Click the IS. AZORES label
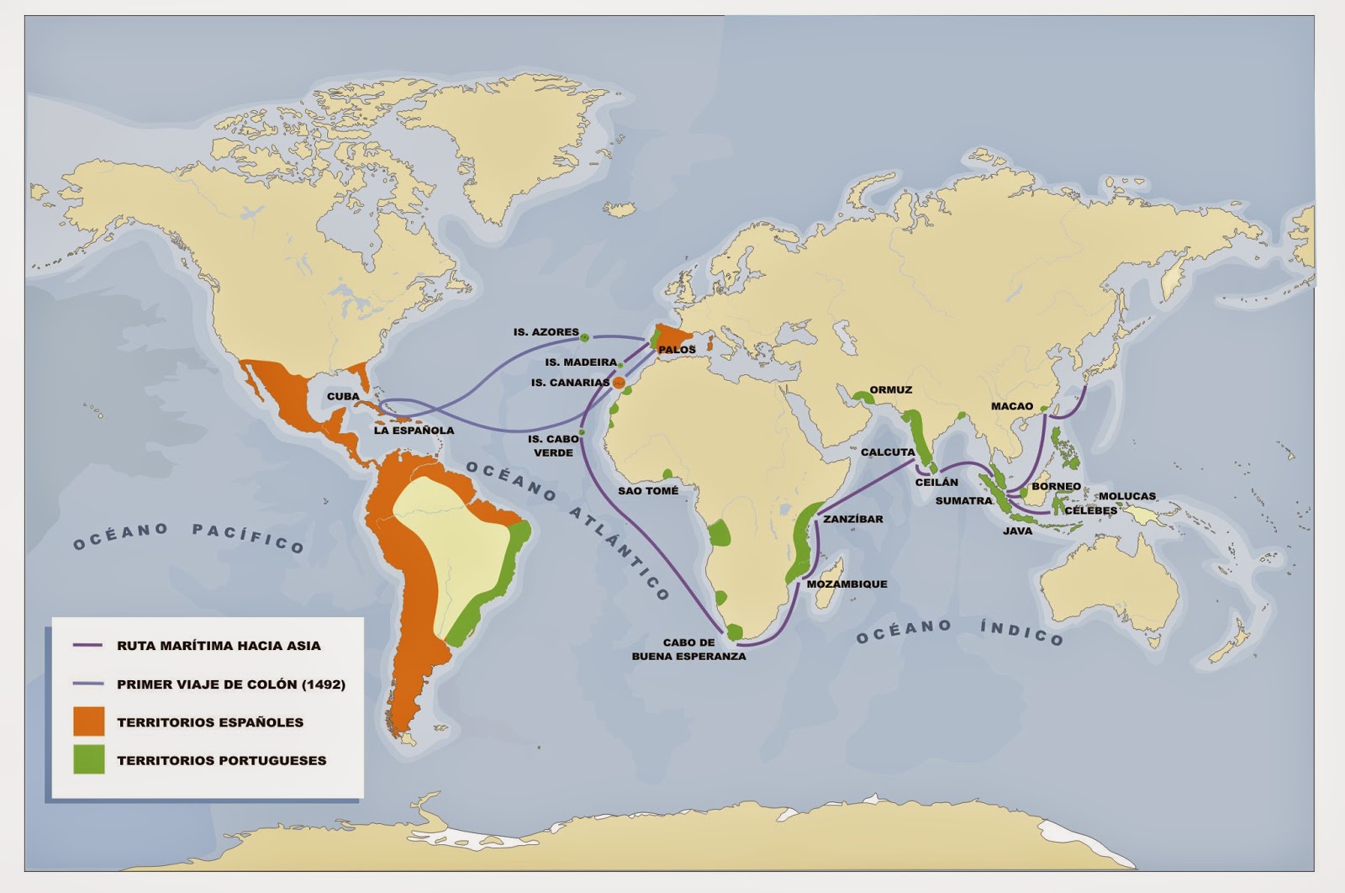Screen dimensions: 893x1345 coord(546,332)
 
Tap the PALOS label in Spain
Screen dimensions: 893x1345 coord(677,349)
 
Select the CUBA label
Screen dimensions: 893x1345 coord(343,396)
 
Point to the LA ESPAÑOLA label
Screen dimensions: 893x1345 coord(414,431)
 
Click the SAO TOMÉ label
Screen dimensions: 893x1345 coord(647,490)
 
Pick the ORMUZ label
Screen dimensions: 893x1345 coord(890,390)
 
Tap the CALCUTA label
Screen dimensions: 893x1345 coord(887,452)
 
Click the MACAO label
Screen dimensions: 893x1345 coord(1011,406)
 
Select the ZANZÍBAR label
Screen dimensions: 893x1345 coord(852,519)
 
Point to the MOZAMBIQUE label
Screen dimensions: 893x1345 coord(847,584)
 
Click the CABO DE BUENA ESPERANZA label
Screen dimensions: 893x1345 coord(688,649)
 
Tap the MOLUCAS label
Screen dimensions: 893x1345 coord(1126,496)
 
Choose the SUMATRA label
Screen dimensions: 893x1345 coord(963,500)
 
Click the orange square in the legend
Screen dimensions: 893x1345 coord(88,721)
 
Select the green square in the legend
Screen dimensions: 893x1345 coord(88,759)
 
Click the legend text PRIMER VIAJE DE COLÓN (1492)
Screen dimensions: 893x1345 coord(230,684)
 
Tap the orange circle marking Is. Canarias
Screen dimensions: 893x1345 coord(619,383)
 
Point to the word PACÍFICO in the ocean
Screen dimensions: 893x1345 coord(248,539)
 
